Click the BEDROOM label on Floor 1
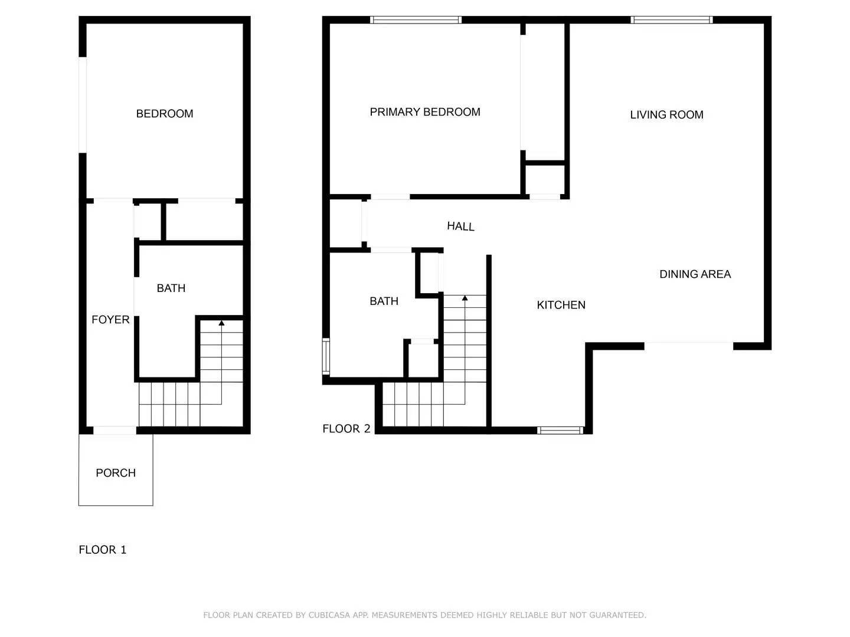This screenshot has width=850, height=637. (165, 114)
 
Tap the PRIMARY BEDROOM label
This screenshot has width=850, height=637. (425, 112)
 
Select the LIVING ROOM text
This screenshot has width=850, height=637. (666, 115)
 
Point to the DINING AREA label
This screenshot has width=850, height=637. (695, 274)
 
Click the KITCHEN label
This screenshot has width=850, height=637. (561, 305)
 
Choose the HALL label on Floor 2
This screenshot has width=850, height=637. (460, 226)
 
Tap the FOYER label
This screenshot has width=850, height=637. (110, 320)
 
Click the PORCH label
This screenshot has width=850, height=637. (116, 473)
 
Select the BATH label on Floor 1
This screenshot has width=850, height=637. (171, 288)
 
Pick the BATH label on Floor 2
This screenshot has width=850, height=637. (384, 301)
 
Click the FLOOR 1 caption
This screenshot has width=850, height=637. (103, 550)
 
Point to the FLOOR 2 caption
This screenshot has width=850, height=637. (346, 429)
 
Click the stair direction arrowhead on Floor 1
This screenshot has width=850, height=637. (221, 323)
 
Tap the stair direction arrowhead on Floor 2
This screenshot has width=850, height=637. (465, 298)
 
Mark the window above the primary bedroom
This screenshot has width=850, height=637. (416, 20)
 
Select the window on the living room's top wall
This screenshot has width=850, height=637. (671, 20)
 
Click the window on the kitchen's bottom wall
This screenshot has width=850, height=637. (560, 431)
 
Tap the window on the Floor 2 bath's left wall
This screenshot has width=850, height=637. (326, 356)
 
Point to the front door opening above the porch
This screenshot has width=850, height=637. (115, 431)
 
